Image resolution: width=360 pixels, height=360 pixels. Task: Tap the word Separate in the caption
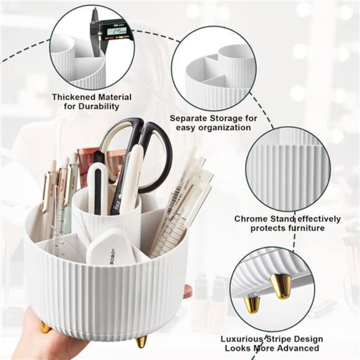tap(189, 117)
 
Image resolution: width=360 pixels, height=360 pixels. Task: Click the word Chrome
tap(249, 218)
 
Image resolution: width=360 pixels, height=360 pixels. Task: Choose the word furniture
tap(310, 228)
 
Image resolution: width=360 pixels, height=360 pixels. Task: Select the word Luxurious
tap(244, 339)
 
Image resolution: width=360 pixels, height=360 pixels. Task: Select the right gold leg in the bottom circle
tap(281, 287)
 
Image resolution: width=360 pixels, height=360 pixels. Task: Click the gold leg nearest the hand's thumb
tap(45, 326)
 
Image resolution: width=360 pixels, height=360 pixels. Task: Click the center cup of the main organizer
tap(106, 217)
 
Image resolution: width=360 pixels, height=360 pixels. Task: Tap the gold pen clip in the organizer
tap(47, 192)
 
